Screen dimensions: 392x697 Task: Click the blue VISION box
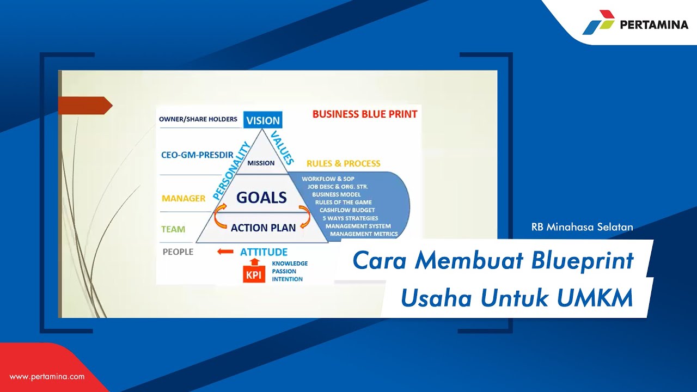point(262,120)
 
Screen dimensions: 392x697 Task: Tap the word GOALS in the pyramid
point(261,198)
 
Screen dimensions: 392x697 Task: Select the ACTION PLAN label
point(263,228)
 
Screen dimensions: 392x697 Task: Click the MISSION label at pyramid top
point(261,163)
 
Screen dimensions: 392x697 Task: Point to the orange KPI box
point(253,275)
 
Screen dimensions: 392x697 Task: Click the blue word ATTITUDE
point(264,252)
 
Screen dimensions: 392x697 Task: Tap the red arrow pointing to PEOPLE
point(225,252)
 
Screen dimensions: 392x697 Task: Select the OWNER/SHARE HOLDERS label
point(198,119)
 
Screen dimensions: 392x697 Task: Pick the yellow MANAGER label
point(183,198)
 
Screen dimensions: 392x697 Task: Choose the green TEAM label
point(173,229)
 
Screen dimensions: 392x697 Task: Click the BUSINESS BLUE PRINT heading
point(365,114)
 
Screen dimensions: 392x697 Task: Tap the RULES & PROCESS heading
point(343,163)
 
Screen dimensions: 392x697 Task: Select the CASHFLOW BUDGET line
point(347,210)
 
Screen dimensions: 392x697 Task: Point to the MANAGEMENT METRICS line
point(364,234)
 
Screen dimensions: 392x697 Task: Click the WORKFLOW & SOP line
point(328,179)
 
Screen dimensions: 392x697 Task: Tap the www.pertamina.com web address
point(47,376)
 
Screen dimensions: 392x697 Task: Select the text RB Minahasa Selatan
point(582,227)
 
